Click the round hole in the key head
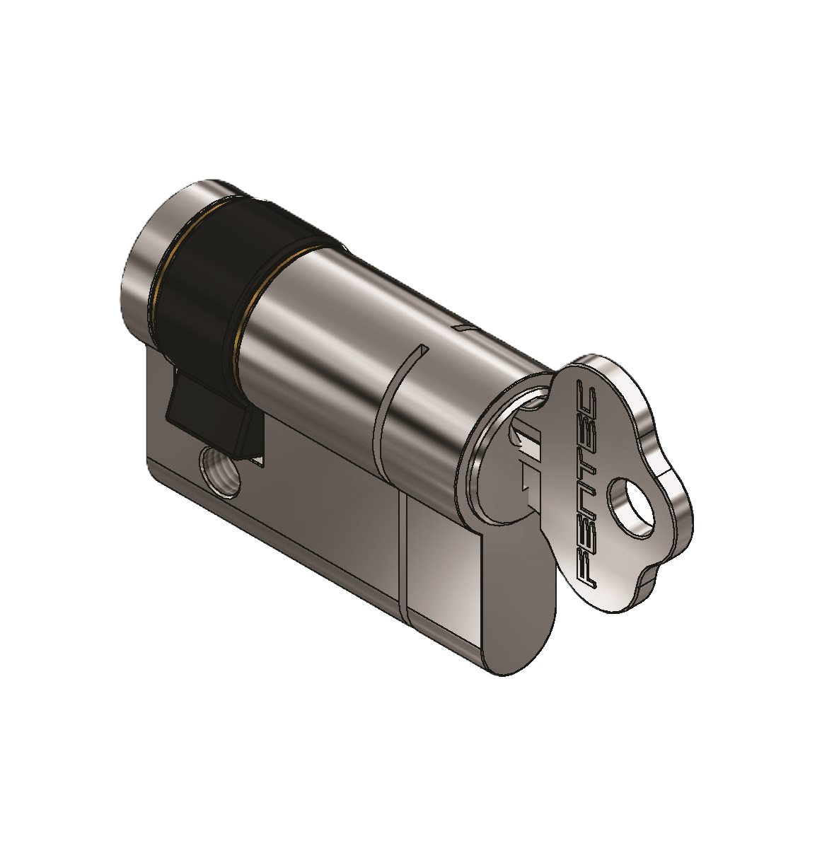pos(630,507)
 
